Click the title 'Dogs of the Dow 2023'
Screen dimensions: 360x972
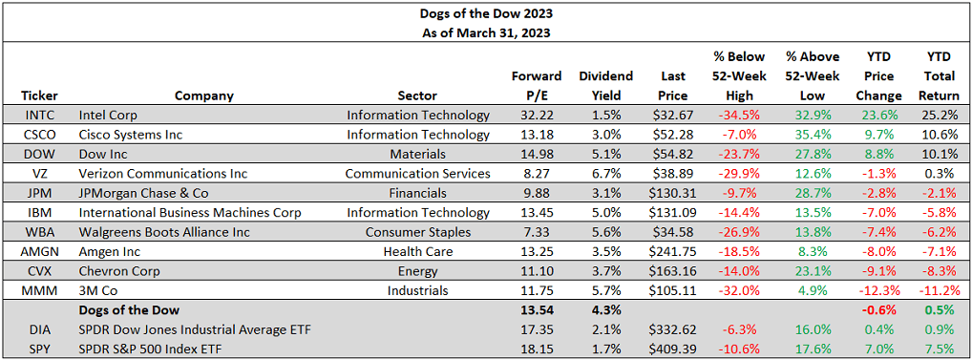tap(485, 13)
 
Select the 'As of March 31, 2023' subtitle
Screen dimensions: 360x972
tap(485, 32)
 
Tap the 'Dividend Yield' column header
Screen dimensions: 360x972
tap(605, 85)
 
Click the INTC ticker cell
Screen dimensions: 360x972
tap(39, 116)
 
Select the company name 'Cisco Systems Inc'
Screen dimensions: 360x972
tap(130, 135)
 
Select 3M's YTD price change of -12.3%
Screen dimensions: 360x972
tap(880, 291)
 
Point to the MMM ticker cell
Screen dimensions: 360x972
tap(39, 291)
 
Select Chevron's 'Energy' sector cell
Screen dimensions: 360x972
tap(470, 271)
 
